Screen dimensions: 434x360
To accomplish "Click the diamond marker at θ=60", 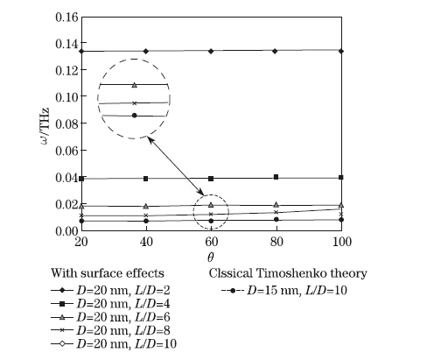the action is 211,51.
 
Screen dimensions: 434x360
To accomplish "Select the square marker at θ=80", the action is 276,177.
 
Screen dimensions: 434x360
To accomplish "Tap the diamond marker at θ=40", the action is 146,51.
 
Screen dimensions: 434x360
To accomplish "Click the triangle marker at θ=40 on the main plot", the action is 146,206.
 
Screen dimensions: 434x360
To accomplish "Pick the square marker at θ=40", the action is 146,179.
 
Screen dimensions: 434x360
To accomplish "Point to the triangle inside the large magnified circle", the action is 135,85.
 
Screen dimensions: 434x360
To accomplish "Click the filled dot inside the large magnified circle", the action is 134,116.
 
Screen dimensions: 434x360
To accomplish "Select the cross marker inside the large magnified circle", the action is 134,103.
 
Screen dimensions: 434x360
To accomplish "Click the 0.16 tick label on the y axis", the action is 66,18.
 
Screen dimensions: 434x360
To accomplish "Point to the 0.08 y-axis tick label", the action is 66,124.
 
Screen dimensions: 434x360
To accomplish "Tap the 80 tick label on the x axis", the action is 276,242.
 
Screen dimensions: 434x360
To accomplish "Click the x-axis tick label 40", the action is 146,242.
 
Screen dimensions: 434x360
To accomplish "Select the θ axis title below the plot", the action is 211,257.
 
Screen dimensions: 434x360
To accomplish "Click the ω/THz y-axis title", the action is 45,126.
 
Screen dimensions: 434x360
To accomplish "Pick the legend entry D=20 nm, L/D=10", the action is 114,344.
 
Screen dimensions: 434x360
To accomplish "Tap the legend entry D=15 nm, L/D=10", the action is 284,291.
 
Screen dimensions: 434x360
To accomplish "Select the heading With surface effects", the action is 108,273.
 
